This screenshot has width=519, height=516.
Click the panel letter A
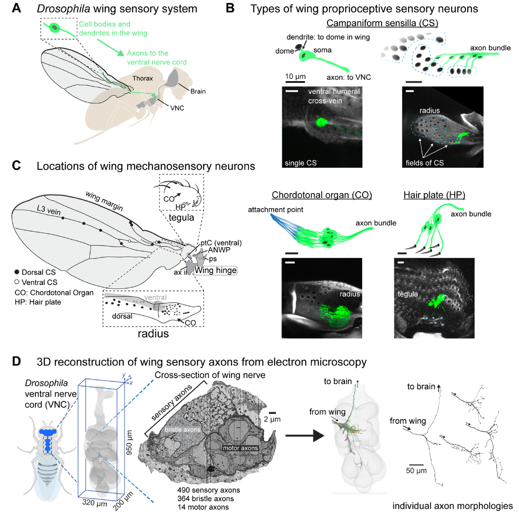coord(16,8)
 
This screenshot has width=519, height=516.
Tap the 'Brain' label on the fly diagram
coord(198,91)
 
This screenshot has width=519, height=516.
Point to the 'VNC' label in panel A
coord(177,108)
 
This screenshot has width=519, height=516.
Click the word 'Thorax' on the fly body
coord(143,78)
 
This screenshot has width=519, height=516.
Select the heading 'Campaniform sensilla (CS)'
coord(382,23)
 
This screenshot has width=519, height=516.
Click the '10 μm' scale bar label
coord(295,76)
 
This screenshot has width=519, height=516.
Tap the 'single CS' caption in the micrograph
coord(300,163)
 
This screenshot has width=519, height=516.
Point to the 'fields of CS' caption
coord(424,163)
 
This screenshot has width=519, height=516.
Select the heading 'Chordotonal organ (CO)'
coord(322,195)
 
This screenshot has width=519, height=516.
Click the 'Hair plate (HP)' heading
coord(434,195)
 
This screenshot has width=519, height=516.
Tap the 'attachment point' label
coord(275,210)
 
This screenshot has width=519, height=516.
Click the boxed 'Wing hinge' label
coord(216,270)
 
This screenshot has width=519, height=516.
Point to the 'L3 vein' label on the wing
coord(49,210)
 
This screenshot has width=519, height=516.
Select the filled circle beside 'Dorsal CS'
coord(17,272)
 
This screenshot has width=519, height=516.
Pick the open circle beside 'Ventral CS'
coord(17,282)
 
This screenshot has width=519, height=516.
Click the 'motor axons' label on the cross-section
coord(240,448)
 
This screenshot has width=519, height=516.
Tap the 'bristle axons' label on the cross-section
coord(182,429)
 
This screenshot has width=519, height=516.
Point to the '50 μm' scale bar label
coord(416,471)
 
